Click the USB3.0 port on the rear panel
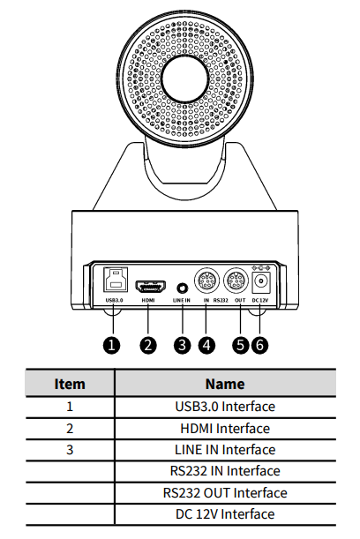point(116,280)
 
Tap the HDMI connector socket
point(151,286)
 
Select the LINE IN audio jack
point(183,288)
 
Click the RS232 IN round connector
point(206,281)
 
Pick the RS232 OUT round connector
point(236,281)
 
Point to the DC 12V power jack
point(261,282)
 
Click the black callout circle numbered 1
point(111,345)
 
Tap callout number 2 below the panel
point(148,345)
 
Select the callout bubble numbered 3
point(183,345)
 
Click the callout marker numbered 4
point(206,345)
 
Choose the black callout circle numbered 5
point(240,345)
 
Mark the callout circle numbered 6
point(259,345)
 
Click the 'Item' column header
point(70,384)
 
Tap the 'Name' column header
point(225,384)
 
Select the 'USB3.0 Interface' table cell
point(225,407)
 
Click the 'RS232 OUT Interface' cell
point(225,492)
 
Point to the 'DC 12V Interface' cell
point(225,514)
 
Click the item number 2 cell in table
point(70,429)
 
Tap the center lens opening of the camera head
point(185,79)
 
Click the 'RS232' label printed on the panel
point(221,300)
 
